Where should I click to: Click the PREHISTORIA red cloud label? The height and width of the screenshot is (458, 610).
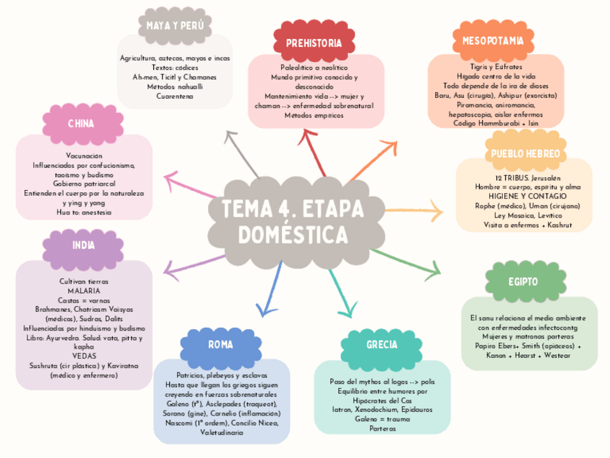click(314, 43)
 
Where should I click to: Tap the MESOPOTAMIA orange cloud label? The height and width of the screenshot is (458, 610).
click(493, 40)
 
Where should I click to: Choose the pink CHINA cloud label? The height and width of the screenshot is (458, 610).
click(81, 124)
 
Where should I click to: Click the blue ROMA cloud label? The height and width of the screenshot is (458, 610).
click(220, 345)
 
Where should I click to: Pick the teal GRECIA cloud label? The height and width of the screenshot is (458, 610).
click(381, 345)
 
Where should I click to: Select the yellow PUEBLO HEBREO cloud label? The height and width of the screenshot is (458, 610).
click(525, 154)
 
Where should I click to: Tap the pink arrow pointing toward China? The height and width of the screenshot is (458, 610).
click(191, 183)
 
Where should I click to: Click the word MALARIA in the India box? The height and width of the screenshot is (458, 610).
click(83, 291)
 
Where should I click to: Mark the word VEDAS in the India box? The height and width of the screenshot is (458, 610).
click(83, 356)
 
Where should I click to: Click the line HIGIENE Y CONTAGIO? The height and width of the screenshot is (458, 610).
click(523, 196)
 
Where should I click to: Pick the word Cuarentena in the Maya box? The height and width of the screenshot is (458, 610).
click(175, 96)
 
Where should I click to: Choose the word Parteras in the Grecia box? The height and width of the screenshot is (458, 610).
click(383, 428)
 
